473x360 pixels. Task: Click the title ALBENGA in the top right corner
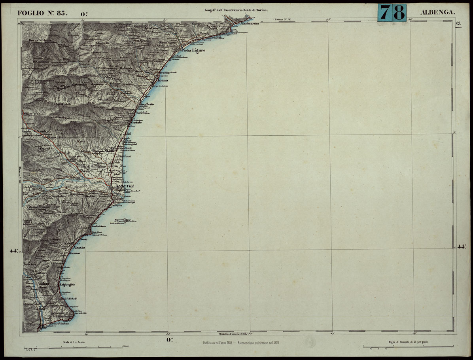click(438, 12)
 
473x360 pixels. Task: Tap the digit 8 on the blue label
click(399, 13)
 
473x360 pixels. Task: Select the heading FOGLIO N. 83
click(43, 12)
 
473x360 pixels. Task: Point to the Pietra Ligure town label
click(193, 51)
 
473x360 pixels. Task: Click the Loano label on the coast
click(163, 81)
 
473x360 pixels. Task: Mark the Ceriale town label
click(135, 124)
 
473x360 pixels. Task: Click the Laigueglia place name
click(67, 284)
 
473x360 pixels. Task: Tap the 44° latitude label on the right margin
click(461, 247)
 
